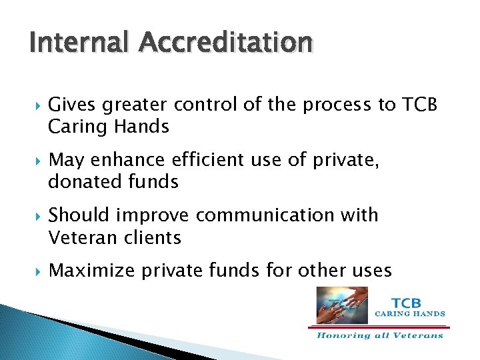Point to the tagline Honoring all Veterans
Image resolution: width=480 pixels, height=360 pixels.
point(380,335)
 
